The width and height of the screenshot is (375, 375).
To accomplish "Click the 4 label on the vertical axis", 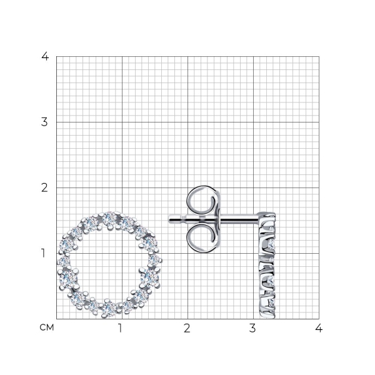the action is pos(45,56).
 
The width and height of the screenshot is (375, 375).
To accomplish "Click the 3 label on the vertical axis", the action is pos(44,122).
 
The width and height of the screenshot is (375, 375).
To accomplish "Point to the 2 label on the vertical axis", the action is pos(44,187).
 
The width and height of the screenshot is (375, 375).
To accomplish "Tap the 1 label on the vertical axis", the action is pos(43,253).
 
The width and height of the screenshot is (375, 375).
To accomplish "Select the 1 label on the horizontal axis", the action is pos(120,328).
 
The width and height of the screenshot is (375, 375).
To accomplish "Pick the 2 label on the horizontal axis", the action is pos(187,328).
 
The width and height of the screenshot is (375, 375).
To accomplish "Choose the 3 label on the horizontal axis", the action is pos(252,328).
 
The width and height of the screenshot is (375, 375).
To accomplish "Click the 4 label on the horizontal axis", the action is pos(319,328).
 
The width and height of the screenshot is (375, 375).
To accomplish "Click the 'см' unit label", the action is pos(47,327).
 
